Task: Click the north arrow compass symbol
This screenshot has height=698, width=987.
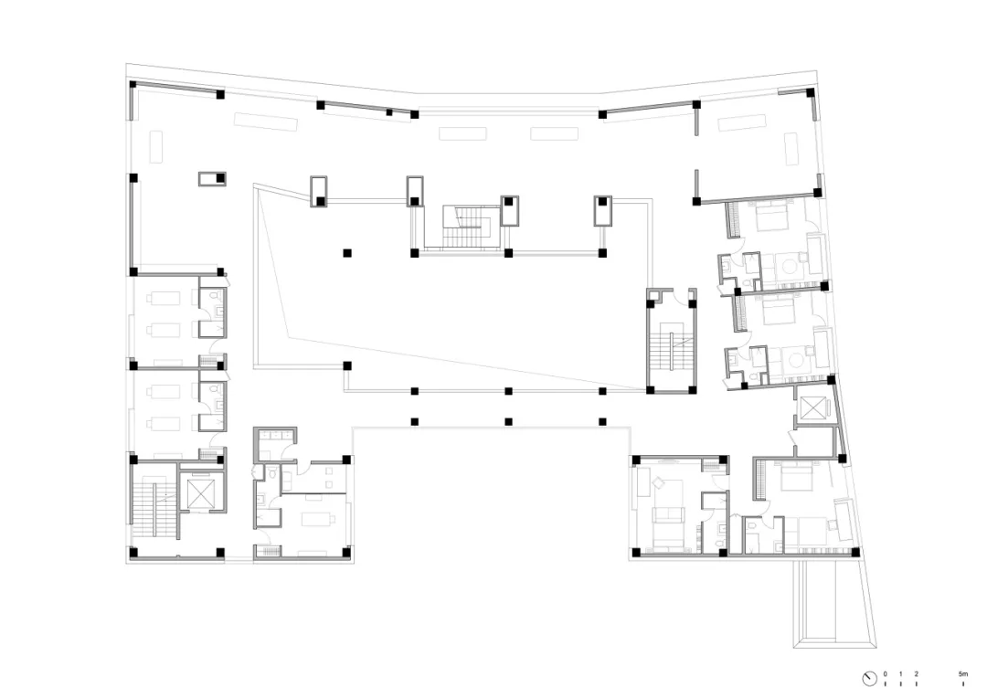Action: (x=869, y=679)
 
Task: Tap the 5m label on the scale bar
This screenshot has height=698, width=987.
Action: (x=963, y=674)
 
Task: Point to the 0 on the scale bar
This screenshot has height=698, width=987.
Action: (x=885, y=674)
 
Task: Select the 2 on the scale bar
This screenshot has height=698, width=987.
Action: (x=916, y=674)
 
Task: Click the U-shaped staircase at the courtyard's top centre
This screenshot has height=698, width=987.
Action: (x=466, y=226)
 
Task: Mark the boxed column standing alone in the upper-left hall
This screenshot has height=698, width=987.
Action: (x=212, y=179)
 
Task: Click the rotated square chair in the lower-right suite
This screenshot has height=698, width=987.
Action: (x=659, y=482)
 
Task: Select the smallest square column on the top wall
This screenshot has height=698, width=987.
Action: (x=389, y=112)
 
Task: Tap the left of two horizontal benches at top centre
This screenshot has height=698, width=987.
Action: (x=462, y=133)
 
